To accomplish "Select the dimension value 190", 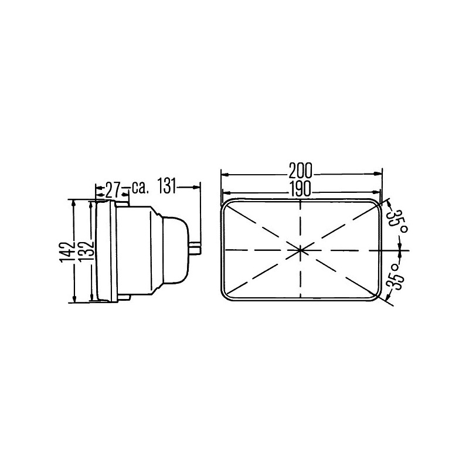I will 300,190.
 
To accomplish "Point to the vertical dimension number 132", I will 86,252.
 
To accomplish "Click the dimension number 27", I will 113,189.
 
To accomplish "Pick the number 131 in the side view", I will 167,188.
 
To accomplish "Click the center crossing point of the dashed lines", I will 300,250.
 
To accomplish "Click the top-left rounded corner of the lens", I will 225,203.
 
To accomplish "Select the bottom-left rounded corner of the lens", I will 225,297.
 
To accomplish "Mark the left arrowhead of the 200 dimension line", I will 223,174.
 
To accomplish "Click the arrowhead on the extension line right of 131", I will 197,187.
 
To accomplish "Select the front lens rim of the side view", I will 104,252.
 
